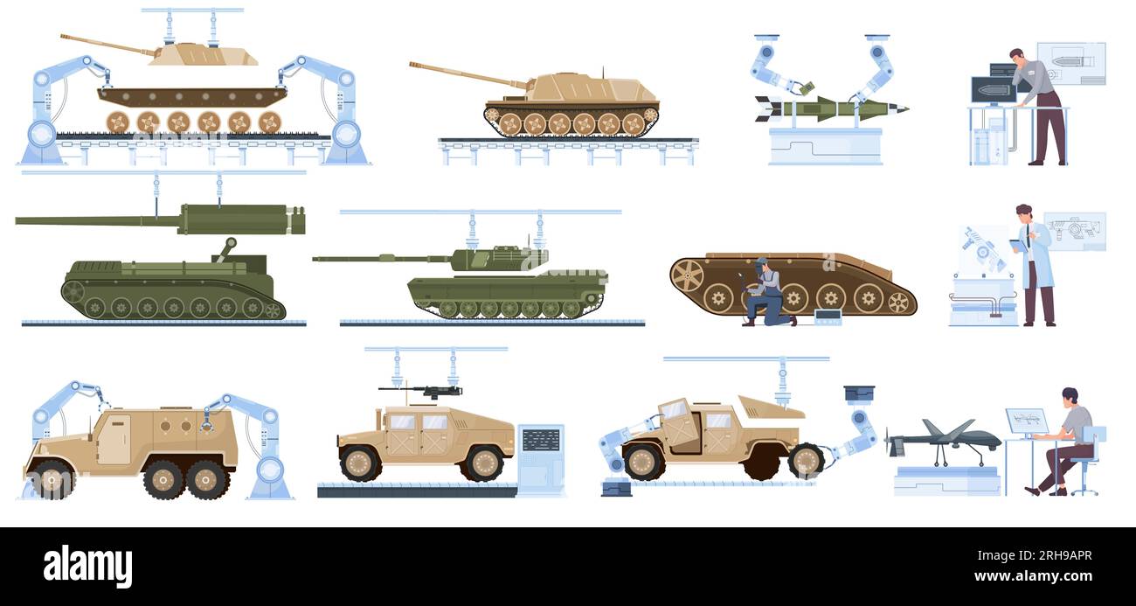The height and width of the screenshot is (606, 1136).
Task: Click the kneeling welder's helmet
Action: (761, 262)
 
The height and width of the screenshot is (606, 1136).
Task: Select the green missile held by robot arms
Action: (830, 108)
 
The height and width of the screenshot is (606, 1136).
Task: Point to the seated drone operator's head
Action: (1070, 396)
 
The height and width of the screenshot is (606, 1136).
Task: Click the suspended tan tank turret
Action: (203, 55)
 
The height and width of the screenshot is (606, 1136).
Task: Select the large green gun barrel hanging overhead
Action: (157, 219)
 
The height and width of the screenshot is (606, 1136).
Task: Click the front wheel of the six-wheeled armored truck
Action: (52, 478)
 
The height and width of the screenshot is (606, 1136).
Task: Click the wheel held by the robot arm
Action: (805, 460)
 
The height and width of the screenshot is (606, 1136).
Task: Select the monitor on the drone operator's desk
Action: (1026, 421)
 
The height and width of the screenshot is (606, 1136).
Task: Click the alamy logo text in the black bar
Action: (87, 566)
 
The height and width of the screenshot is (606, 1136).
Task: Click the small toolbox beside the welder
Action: (826, 317)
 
